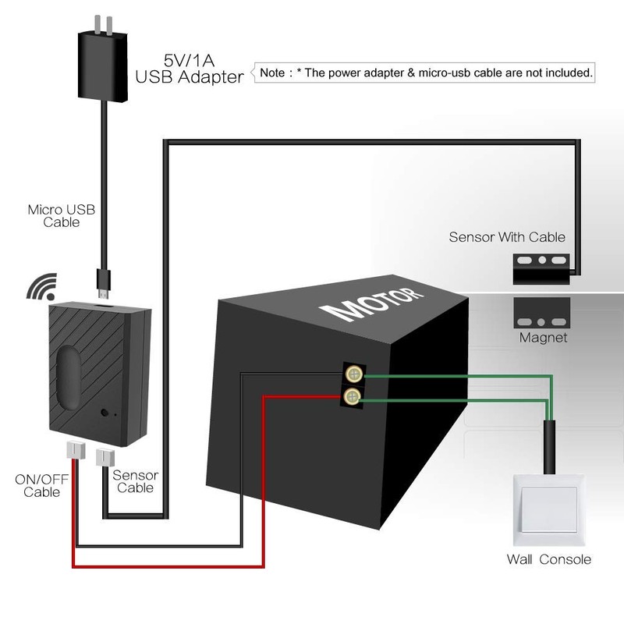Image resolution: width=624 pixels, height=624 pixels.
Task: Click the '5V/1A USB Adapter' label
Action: (x=189, y=68)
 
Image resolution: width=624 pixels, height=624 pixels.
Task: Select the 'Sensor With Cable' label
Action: (x=506, y=236)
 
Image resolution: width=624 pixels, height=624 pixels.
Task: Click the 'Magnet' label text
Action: (x=543, y=338)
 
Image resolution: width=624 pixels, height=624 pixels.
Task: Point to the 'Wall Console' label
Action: (x=548, y=559)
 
